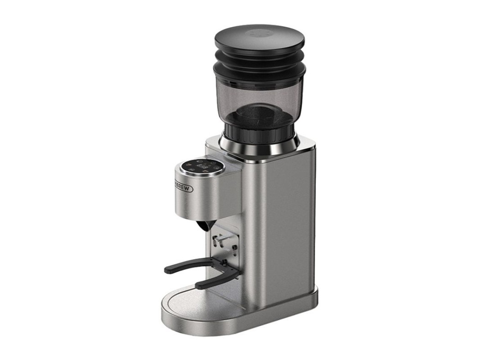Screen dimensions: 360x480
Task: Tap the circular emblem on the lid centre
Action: click(x=259, y=33)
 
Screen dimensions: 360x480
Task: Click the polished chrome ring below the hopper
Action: click(x=259, y=147)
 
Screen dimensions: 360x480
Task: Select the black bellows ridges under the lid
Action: click(x=259, y=59)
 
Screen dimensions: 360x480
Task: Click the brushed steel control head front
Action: click(x=199, y=196)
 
